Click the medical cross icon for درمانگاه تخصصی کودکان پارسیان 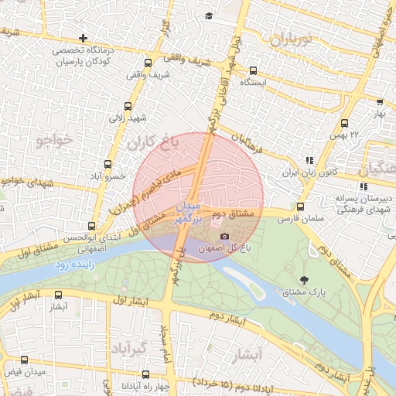[x=83, y=38]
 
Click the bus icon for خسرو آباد [x=108, y=164]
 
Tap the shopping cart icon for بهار [x=380, y=101]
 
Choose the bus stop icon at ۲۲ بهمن [x=344, y=123]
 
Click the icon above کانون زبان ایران [x=309, y=160]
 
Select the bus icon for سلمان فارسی [x=301, y=207]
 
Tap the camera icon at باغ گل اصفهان [x=224, y=237]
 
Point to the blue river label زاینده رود [x=73, y=265]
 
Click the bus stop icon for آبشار [x=58, y=295]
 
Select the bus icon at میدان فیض [x=25, y=360]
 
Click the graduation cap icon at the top [x=208, y=15]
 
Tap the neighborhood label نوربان [x=288, y=38]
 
